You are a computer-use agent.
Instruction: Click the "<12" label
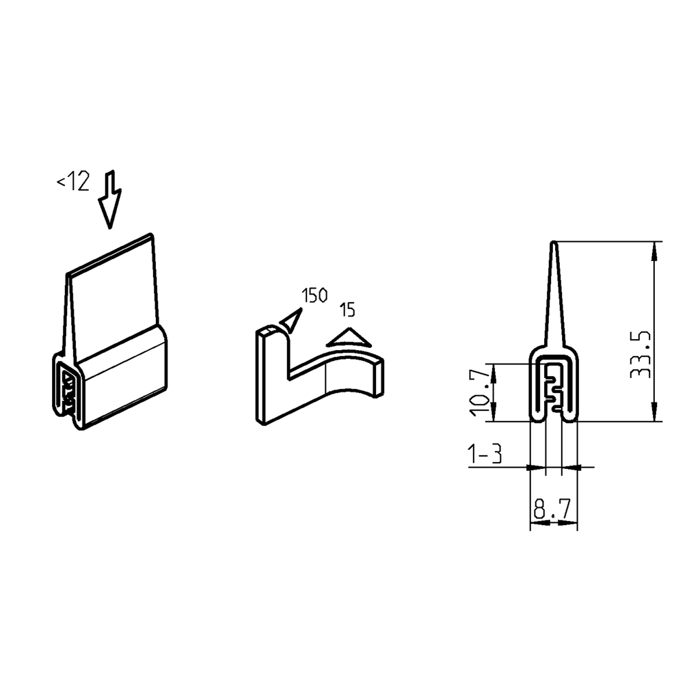(x=73, y=182)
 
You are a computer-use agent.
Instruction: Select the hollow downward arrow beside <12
(x=109, y=199)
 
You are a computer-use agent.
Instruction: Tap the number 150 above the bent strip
(x=314, y=296)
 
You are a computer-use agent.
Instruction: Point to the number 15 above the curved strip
(x=347, y=310)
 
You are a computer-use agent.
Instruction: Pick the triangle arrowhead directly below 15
(x=349, y=338)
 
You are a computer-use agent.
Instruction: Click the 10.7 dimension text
(x=481, y=392)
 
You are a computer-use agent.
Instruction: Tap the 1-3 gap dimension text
(x=485, y=454)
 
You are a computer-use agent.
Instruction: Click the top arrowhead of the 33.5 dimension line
(x=655, y=249)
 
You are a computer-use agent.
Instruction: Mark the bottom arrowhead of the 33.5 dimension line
(x=655, y=414)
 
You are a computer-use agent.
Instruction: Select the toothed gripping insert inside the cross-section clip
(x=555, y=390)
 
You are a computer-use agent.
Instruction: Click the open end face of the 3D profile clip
(x=68, y=390)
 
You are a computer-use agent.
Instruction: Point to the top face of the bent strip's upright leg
(x=269, y=332)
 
